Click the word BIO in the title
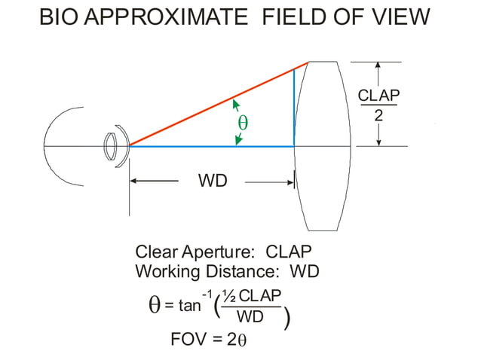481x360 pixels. pyautogui.click(x=57, y=17)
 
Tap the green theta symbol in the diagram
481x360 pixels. pyautogui.click(x=242, y=121)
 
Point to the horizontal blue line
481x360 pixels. pyautogui.click(x=211, y=145)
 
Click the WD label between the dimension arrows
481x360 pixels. pyautogui.click(x=212, y=182)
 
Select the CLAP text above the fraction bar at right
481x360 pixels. pyautogui.click(x=378, y=96)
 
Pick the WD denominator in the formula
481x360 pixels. pyautogui.click(x=250, y=316)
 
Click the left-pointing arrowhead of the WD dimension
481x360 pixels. pyautogui.click(x=135, y=182)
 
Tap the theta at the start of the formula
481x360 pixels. pyautogui.click(x=155, y=305)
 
